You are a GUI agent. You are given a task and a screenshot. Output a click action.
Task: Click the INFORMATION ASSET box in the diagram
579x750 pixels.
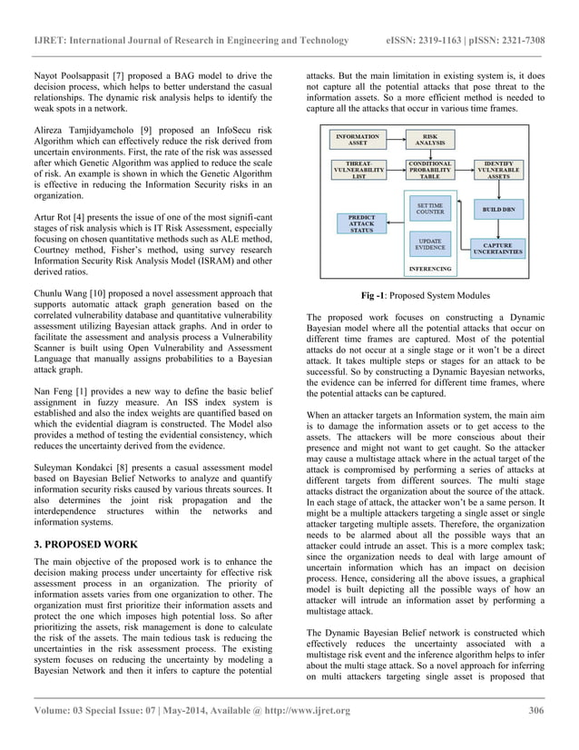(x=358, y=141)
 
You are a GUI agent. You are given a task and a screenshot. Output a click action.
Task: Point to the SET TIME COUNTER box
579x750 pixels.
(x=429, y=209)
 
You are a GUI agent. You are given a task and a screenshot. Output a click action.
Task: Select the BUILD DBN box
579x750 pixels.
(x=499, y=210)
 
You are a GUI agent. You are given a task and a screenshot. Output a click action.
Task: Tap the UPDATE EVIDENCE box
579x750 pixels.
(x=429, y=243)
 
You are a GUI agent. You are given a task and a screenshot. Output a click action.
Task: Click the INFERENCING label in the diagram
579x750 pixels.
(x=429, y=269)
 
